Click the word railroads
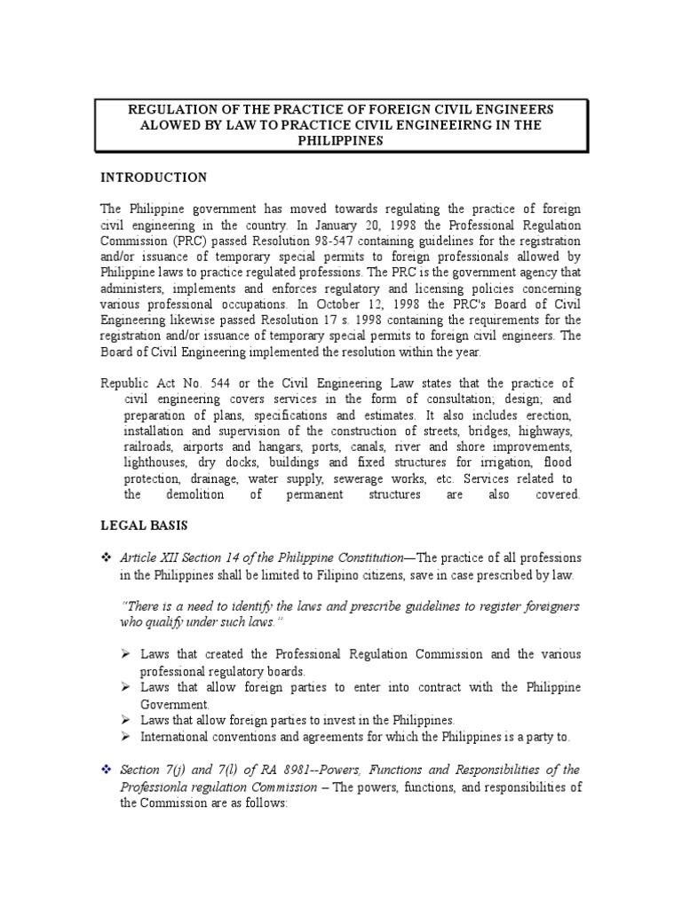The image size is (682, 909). [149, 447]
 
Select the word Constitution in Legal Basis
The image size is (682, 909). [363, 557]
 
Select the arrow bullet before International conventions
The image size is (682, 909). [128, 737]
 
